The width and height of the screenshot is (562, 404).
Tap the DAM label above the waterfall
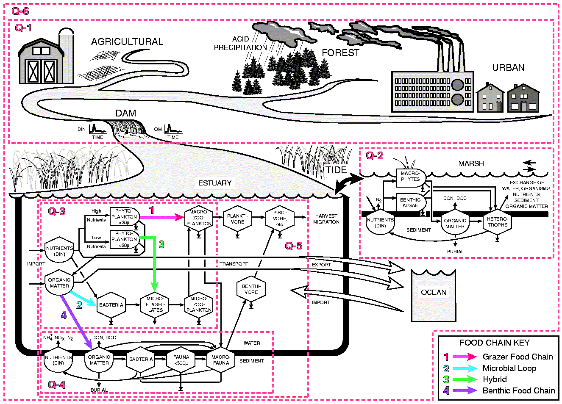click(126, 113)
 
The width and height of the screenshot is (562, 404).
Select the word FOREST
click(340, 53)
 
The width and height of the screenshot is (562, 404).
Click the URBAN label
click(508, 68)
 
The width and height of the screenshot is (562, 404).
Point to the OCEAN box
click(433, 295)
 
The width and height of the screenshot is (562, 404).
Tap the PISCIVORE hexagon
click(280, 219)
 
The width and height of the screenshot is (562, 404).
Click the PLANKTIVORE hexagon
click(237, 219)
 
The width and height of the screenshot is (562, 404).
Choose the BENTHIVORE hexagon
click(251, 289)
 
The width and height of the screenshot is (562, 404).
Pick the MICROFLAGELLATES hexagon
click(155, 304)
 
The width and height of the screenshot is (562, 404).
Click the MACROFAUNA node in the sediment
click(221, 360)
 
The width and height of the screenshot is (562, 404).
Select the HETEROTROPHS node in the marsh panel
click(497, 222)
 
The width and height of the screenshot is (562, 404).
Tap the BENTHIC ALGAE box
click(410, 202)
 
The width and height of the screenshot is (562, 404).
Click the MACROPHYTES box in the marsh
click(410, 176)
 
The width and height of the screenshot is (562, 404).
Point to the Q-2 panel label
click(375, 156)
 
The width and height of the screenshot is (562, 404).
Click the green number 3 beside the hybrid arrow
click(161, 244)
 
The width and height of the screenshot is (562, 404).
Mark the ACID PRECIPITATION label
click(240, 43)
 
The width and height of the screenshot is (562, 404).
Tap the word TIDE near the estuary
click(336, 170)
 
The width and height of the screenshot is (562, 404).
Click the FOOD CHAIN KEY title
click(495, 343)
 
